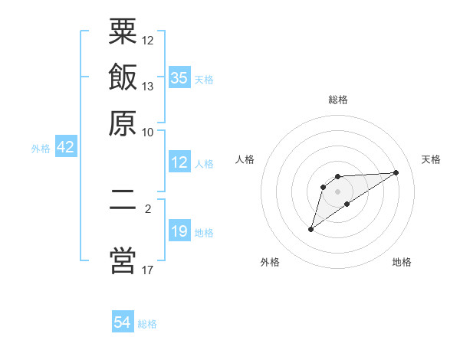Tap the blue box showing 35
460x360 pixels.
pos(179,77)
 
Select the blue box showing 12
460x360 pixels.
pos(179,162)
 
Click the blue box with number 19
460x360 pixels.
pos(179,231)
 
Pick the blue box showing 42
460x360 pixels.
pos(65,148)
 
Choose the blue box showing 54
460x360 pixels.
pos(123,322)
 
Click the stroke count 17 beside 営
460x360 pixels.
pos(148,270)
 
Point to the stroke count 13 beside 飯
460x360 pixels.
pos(148,86)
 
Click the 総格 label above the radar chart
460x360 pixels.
pos(338,100)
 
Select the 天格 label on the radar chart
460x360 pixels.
pos(431,159)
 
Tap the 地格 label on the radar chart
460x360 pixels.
pos(402,262)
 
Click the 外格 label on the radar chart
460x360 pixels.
pos(270,262)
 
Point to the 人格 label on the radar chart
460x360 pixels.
pos(245,159)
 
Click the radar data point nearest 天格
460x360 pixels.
pos(396,172)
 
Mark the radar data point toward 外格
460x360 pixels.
pos(310,229)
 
